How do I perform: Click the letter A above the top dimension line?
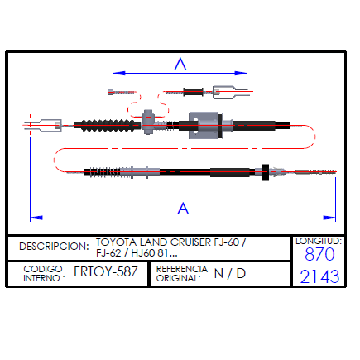(180, 64)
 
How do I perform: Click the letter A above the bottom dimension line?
(183, 209)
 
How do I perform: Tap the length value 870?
(319, 254)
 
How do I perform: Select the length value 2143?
(319, 276)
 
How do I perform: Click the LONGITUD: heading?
(319, 241)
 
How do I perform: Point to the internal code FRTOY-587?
(106, 271)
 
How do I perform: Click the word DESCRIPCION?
(54, 247)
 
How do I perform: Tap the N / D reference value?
(230, 273)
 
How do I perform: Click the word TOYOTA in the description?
(116, 242)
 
